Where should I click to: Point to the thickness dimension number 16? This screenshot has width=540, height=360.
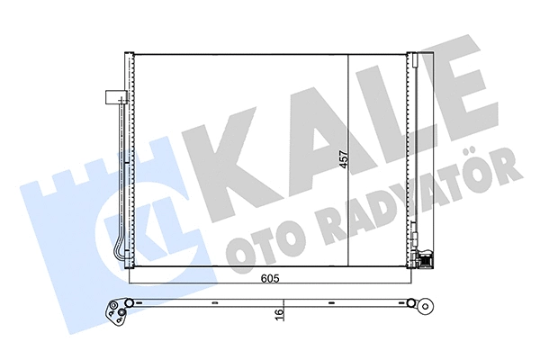click(282, 313)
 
